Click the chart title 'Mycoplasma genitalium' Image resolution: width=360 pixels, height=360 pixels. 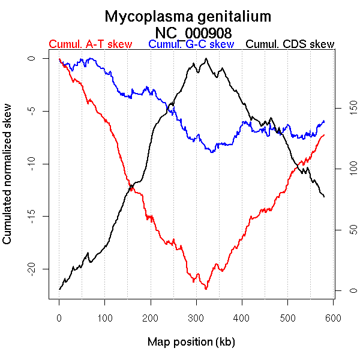[x=188, y=16]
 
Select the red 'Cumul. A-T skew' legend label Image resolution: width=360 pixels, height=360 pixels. [x=90, y=44]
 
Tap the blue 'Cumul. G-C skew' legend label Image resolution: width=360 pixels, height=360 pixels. [x=191, y=44]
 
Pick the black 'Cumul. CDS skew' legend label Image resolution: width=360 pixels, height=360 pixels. [x=290, y=44]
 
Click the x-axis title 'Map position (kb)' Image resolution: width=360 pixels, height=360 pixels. [x=191, y=342]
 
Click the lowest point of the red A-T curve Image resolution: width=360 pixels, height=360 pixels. [x=206, y=289]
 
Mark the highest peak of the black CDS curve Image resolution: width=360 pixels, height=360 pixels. [x=206, y=59]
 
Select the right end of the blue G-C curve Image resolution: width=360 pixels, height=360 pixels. [x=324, y=121]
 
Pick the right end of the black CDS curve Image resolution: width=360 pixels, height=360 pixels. [x=324, y=196]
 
